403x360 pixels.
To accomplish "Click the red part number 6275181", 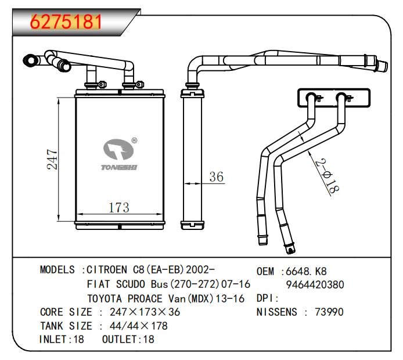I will [66, 21].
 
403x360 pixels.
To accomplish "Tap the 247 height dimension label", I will [52, 160].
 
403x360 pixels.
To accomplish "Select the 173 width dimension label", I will [118, 207].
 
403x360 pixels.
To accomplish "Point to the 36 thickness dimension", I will [216, 177].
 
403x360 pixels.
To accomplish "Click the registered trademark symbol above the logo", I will [134, 140].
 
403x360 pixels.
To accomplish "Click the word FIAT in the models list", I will [99, 285].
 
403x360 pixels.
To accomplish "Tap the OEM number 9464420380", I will [315, 285].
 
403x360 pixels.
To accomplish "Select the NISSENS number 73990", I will [329, 312].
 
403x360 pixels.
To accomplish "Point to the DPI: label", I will [268, 298].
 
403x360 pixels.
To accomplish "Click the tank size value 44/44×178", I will [139, 326].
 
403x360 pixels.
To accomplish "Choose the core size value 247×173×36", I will [145, 312].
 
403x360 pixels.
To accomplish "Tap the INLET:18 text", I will [62, 339].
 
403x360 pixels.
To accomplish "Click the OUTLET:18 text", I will [128, 339].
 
